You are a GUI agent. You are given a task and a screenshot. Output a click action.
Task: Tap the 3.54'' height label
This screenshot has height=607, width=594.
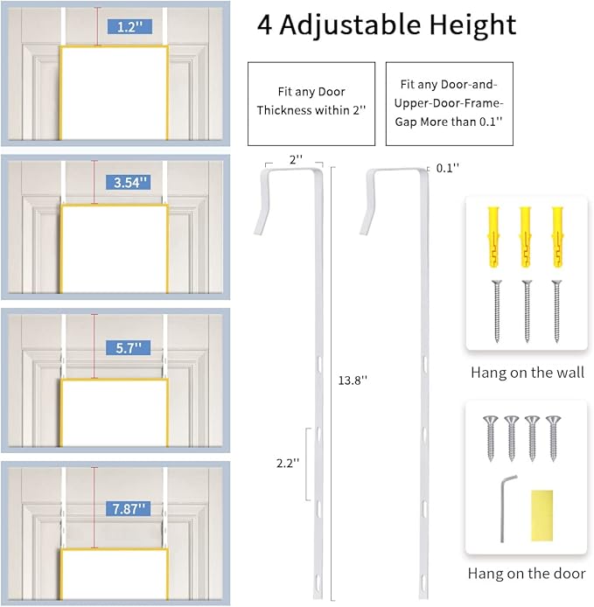[x=132, y=183]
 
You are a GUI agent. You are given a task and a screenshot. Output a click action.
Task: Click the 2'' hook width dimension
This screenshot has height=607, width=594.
[x=296, y=159]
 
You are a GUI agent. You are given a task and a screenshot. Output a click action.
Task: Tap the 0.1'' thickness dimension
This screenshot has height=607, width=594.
[x=448, y=167]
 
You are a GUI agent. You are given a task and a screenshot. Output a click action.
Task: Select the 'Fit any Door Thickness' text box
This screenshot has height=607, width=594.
[x=311, y=103]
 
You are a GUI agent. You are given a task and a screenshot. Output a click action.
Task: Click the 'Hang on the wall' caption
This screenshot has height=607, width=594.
[x=528, y=373]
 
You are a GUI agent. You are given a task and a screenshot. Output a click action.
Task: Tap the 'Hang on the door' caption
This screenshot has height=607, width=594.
[x=528, y=574]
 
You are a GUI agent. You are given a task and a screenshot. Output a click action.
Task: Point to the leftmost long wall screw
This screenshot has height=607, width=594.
[x=496, y=311]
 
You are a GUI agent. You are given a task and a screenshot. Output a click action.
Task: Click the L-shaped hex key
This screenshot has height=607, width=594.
[x=505, y=507]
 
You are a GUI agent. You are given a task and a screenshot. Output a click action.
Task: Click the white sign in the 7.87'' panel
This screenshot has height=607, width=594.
[x=114, y=576]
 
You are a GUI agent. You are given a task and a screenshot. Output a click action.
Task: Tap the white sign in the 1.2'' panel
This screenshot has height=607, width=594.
[x=114, y=94]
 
